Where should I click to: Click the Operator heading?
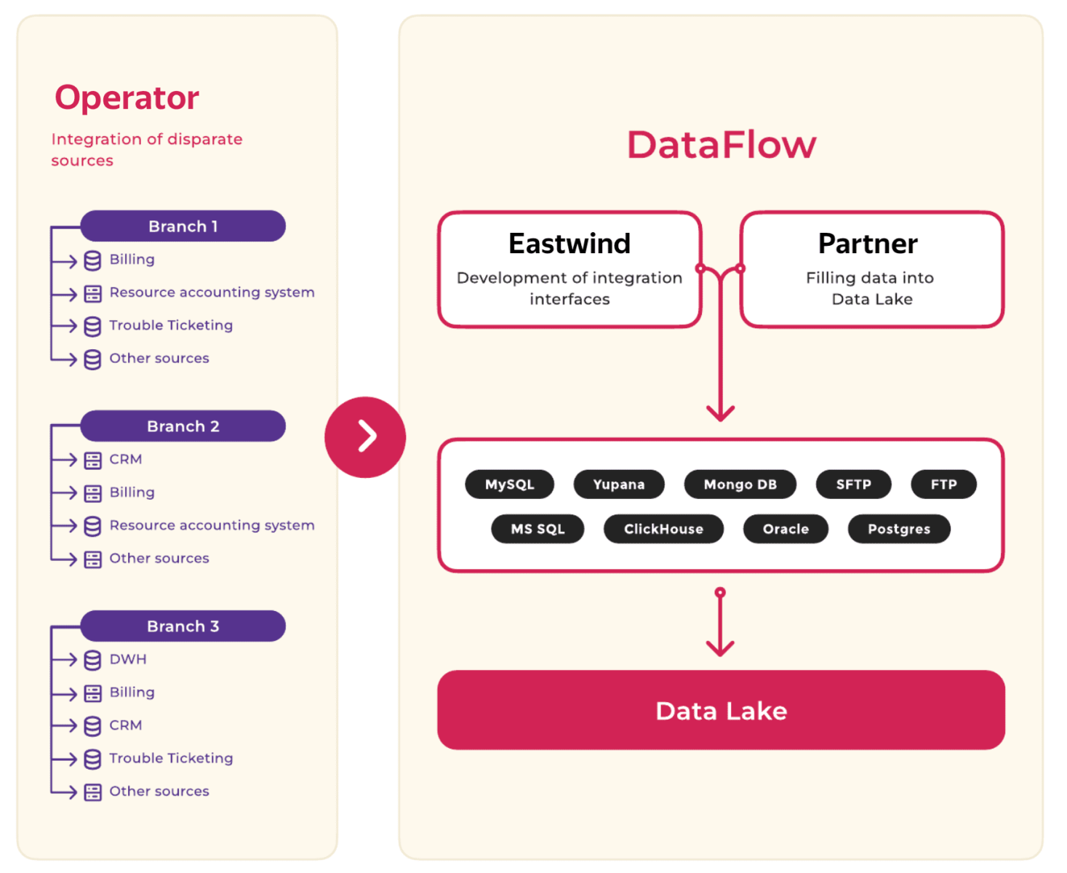[127, 98]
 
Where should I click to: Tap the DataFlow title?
[721, 145]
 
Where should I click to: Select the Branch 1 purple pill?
[183, 226]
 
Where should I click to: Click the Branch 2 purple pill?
[183, 426]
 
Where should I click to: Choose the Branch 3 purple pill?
[183, 626]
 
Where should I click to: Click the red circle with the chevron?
[365, 436]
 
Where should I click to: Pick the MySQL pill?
[509, 484]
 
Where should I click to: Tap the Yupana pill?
[618, 484]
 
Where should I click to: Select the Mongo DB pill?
[740, 484]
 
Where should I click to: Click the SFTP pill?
[853, 484]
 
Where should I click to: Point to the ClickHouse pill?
[663, 528]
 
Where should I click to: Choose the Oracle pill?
[786, 528]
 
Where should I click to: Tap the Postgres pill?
[898, 528]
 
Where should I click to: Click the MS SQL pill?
[538, 528]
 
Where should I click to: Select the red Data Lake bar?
[721, 709]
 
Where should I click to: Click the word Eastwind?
[570, 244]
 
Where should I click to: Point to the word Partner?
[867, 244]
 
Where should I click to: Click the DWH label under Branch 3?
[128, 659]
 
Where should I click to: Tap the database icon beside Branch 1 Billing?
[92, 260]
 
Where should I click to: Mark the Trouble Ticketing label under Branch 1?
[171, 325]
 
